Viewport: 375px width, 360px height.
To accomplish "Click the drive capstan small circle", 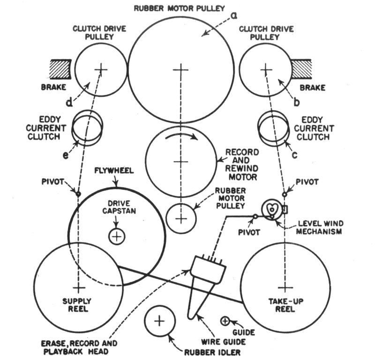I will click(117, 236).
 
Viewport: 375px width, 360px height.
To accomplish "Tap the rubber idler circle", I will click(159, 321).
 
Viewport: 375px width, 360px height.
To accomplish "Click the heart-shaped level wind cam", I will click(271, 209).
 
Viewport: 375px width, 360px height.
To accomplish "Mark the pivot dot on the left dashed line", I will click(78, 193).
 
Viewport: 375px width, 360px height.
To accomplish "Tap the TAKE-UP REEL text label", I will click(282, 305).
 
